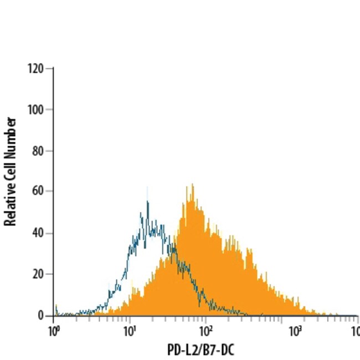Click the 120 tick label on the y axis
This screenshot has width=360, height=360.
coord(36,68)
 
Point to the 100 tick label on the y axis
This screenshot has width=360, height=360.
coord(36,109)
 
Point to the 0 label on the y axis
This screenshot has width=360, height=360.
coord(42,315)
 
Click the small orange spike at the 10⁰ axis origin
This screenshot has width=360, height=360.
coord(55,308)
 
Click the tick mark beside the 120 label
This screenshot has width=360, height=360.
coord(50,68)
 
